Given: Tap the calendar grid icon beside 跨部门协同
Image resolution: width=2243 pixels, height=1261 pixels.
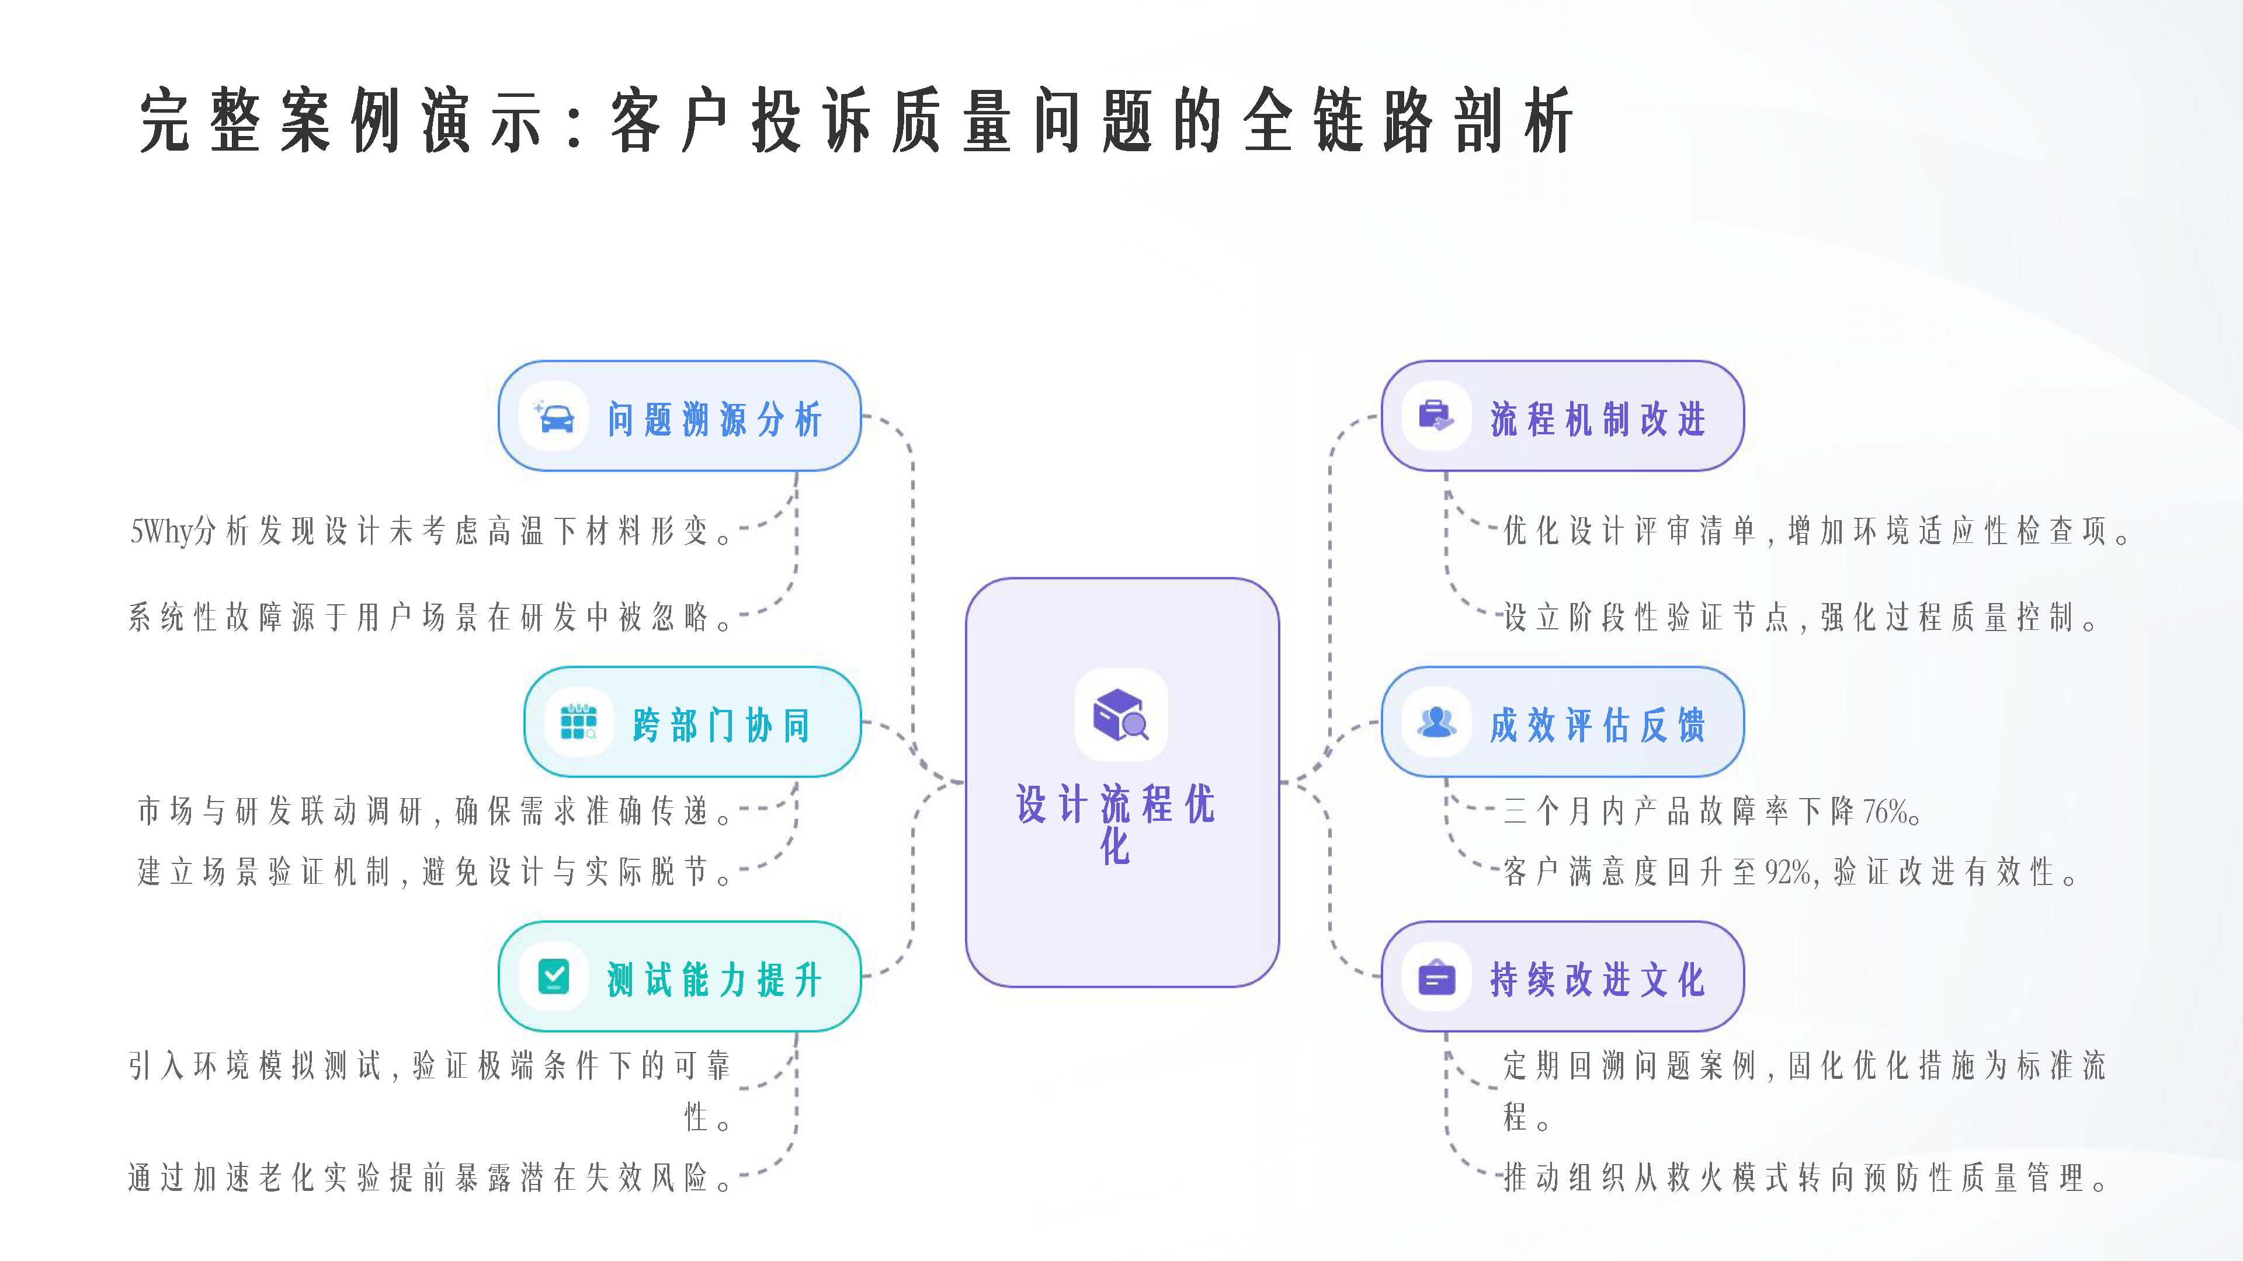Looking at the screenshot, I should click(578, 722).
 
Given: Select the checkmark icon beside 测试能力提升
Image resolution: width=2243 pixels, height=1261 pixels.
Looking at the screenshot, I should click(554, 977).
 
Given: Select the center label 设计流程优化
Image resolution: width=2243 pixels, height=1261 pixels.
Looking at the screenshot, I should click(1116, 823).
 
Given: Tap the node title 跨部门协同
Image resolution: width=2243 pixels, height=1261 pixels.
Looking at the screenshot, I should click(722, 725).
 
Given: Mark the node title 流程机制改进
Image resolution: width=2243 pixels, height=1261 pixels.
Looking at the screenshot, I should click(1598, 420).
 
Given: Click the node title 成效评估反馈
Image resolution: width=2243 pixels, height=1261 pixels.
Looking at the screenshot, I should click(1598, 725).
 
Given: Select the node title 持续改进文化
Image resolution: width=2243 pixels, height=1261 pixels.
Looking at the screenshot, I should click(1598, 980).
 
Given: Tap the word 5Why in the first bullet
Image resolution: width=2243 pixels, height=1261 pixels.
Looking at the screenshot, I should click(162, 531).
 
